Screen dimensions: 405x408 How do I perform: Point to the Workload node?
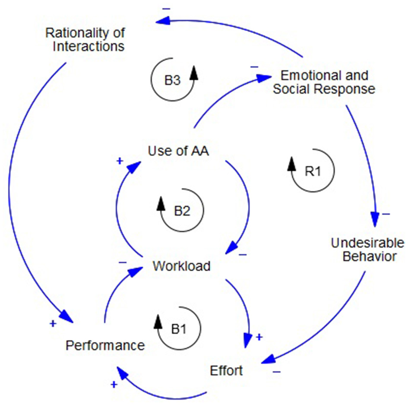(x=181, y=266)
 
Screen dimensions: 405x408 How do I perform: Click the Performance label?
(x=105, y=345)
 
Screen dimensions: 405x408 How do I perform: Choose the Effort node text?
(x=226, y=370)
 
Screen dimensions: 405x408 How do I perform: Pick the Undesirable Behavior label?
(x=363, y=250)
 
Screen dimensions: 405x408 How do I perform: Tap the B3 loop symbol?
(x=172, y=80)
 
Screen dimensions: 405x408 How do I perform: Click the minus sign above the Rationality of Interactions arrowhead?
(x=167, y=8)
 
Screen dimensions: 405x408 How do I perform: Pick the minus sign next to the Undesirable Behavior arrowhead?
(x=386, y=213)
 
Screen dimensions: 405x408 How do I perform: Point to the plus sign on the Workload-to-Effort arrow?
(x=259, y=336)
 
